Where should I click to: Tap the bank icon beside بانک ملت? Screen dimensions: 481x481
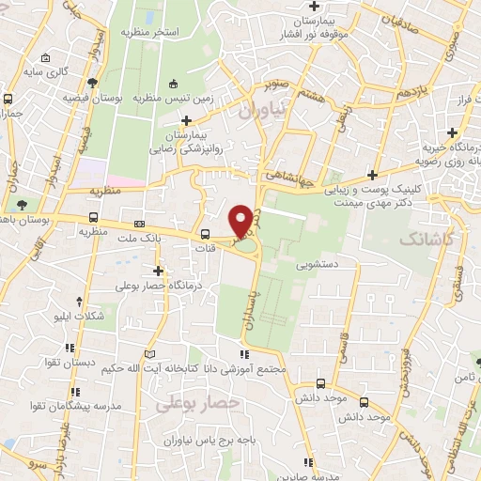click(139, 224)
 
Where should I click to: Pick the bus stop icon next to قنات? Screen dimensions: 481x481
click(206, 234)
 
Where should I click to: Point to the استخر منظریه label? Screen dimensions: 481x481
click(149, 33)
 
